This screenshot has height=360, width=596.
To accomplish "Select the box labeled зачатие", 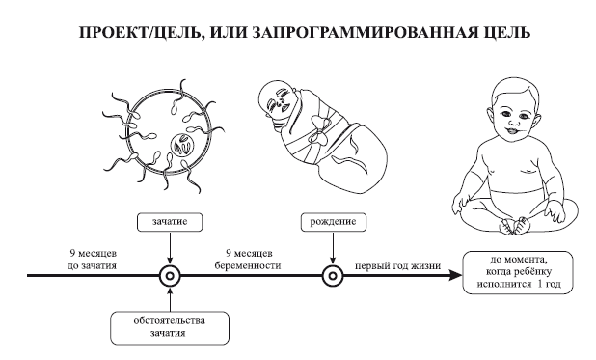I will (169, 220).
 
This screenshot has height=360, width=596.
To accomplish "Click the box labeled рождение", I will (333, 220).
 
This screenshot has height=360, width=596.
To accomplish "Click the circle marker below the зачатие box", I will (169, 274).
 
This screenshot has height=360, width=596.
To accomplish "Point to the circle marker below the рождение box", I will (333, 274).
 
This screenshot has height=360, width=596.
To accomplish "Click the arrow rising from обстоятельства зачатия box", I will (169, 297).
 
